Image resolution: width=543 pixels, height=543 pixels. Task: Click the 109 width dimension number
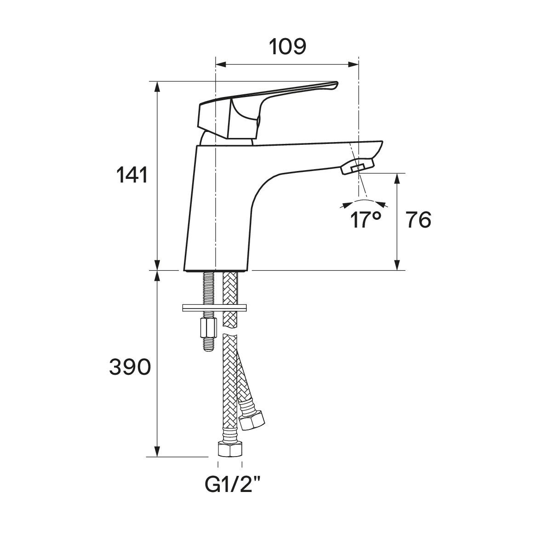tap(287, 47)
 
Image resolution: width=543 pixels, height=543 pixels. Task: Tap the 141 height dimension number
tap(132, 175)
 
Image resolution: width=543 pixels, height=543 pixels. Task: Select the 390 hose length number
tap(130, 367)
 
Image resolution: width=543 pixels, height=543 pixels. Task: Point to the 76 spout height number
tap(419, 220)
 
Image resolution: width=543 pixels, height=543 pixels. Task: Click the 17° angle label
tap(366, 220)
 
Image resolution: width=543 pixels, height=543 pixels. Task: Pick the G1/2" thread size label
tap(232, 485)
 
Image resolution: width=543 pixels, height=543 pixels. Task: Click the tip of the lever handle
tap(336, 84)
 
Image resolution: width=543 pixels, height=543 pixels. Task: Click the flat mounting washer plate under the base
tap(214, 308)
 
